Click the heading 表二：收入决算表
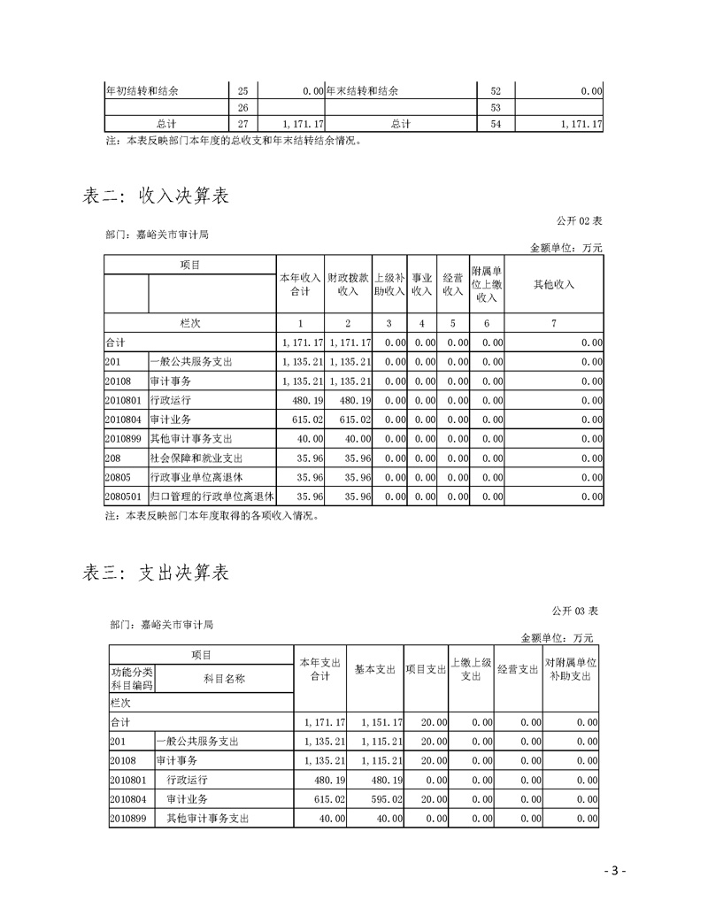(x=156, y=196)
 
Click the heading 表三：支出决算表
(x=156, y=573)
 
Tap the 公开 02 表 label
(x=578, y=220)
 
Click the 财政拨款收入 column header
(x=348, y=284)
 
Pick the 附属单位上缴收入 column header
(x=487, y=284)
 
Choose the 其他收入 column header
(x=554, y=284)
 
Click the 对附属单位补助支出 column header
(x=571, y=669)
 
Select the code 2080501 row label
(x=125, y=497)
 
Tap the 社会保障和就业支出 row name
(x=196, y=458)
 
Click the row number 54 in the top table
(x=496, y=124)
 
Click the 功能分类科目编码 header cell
(x=131, y=679)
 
